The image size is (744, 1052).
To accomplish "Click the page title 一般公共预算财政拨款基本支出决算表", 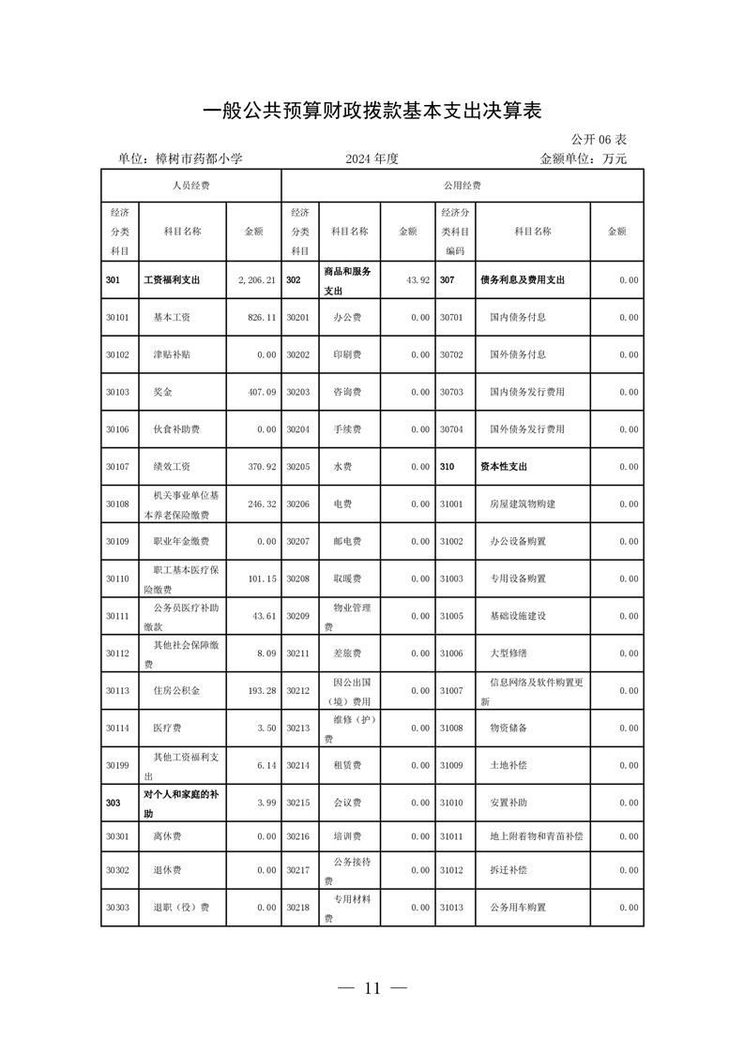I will pos(372,110).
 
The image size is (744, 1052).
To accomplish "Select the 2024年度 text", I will pos(372,159).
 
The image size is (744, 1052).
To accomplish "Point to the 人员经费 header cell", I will pos(190,186).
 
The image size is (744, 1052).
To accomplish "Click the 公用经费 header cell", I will pos(462,186).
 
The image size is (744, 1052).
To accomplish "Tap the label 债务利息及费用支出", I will pos(522,280).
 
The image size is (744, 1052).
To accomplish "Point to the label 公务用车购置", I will pos(518,908).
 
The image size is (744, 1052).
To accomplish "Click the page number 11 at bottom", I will pos(372,987).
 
